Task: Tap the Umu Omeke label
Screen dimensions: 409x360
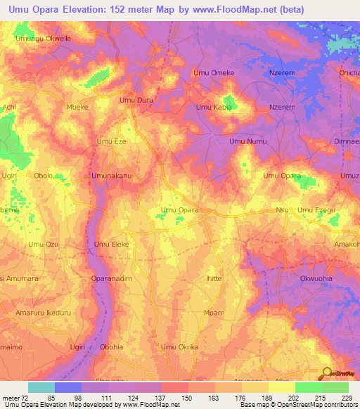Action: pos(213,72)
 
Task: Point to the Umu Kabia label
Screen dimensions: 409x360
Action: pos(214,107)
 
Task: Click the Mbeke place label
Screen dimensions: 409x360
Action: pos(77,107)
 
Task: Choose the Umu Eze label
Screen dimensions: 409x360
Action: pos(111,141)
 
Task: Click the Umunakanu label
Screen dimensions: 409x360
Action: pos(112,175)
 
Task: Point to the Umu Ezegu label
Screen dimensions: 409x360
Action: pos(317,209)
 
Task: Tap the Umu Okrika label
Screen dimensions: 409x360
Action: pos(179,347)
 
